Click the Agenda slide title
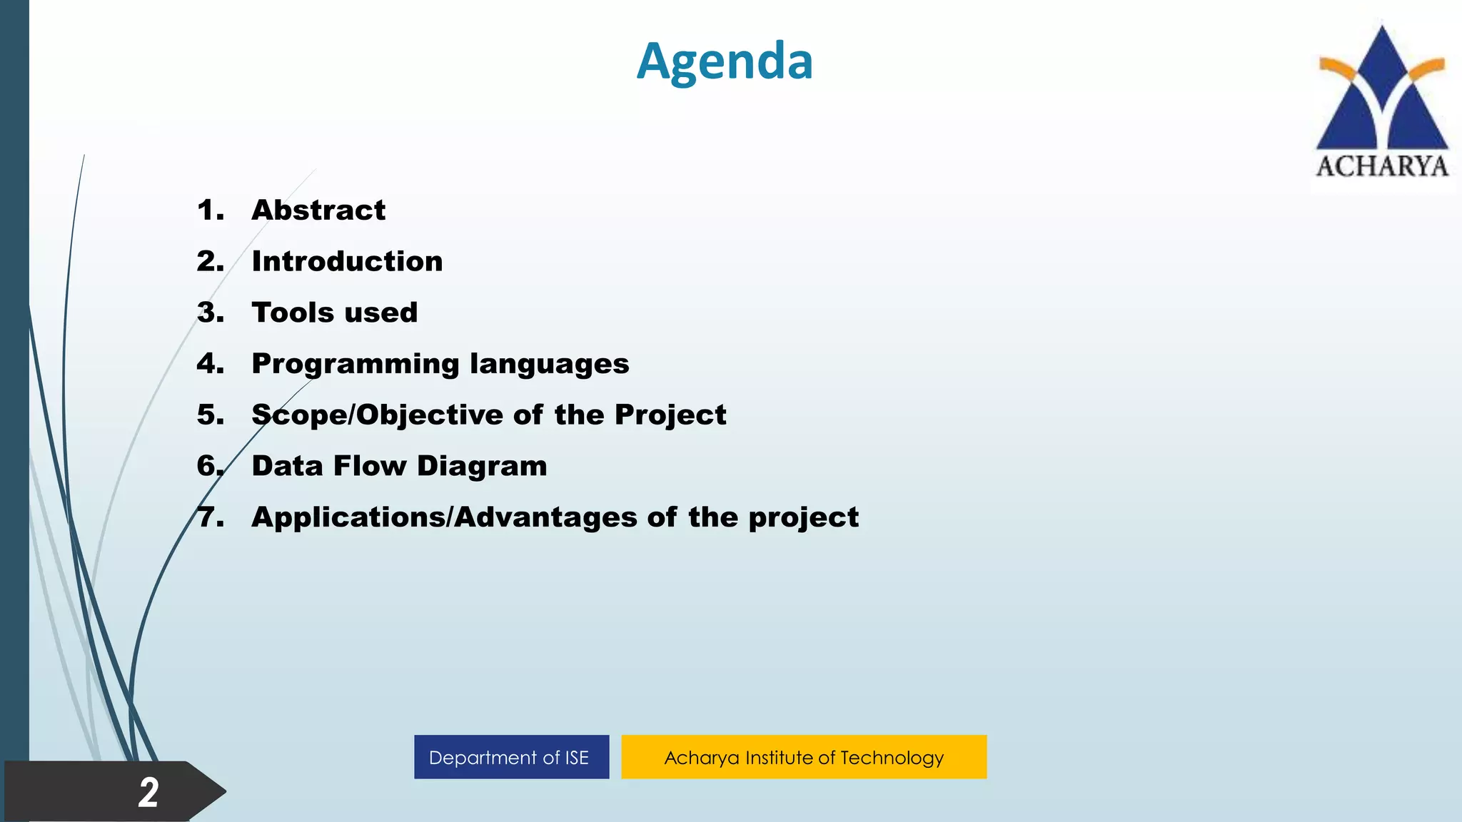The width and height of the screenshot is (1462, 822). coord(725,61)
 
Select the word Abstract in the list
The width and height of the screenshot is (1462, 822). coord(318,210)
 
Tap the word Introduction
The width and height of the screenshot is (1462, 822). coord(347,262)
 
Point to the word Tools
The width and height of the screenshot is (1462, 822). coord(293,313)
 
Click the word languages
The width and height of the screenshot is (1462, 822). coord(549,365)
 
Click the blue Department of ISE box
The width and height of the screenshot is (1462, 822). coord(511,757)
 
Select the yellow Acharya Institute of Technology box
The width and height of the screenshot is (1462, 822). coord(804,757)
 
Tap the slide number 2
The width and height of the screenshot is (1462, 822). coord(148,793)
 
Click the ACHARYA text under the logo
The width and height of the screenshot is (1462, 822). coord(1382,167)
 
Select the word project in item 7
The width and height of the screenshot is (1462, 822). coord(803,518)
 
